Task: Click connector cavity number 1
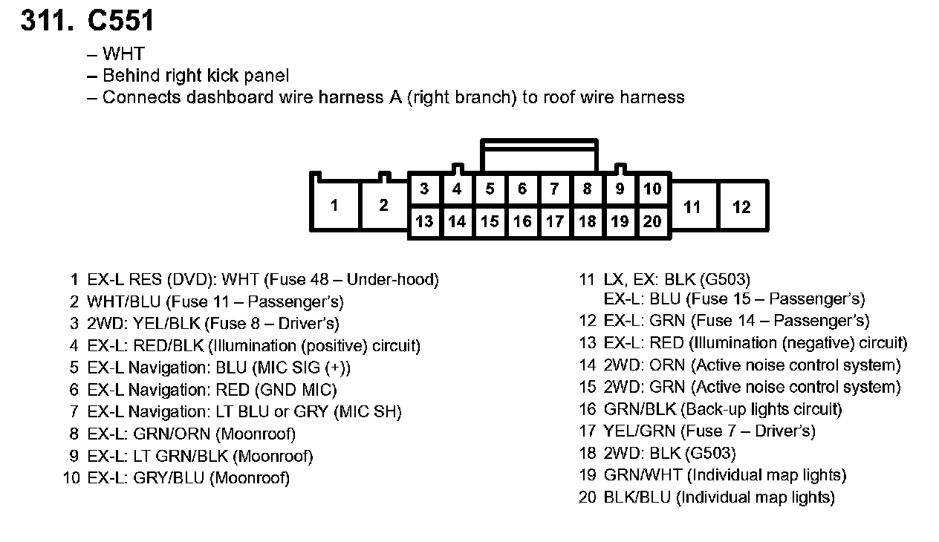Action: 334,205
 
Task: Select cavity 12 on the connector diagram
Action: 741,207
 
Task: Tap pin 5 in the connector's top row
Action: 490,189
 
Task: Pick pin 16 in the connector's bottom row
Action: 522,221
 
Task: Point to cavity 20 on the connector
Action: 652,221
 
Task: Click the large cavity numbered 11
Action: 692,207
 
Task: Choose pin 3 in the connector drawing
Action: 424,189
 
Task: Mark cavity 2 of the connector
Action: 383,205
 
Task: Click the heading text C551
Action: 121,20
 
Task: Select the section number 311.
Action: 47,20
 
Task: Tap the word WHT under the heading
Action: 124,53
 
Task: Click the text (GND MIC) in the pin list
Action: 296,390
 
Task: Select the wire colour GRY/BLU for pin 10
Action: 169,477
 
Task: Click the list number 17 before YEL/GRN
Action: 588,431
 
